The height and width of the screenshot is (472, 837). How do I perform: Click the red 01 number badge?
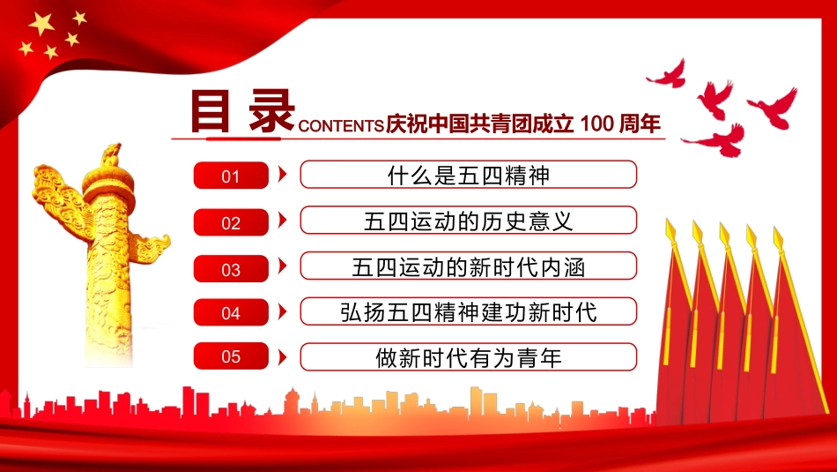tap(231, 176)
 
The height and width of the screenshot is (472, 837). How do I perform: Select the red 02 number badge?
tap(231, 221)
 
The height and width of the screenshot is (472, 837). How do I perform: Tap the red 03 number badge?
tap(231, 268)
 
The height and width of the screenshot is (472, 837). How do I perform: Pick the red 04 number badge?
tap(231, 312)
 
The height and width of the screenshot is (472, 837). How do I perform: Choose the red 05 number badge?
tap(231, 356)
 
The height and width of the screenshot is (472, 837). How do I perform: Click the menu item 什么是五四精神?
tap(468, 175)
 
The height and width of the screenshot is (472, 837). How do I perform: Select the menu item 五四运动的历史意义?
tap(468, 221)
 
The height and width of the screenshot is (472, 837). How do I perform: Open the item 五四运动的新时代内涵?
tap(468, 266)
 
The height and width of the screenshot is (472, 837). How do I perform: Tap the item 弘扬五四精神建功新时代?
tap(468, 311)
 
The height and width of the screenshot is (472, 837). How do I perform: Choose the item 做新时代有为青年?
tap(468, 357)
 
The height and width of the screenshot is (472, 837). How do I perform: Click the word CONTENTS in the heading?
tap(341, 125)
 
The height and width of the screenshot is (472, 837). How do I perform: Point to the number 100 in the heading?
tap(596, 124)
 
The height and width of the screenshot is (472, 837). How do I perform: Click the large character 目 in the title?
tap(210, 111)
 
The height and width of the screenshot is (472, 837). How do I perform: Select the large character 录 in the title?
tap(271, 111)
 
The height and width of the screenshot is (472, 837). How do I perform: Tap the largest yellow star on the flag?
tap(41, 24)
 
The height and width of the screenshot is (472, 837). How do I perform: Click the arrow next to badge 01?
tap(283, 174)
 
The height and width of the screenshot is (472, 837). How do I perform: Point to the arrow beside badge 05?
tap(283, 357)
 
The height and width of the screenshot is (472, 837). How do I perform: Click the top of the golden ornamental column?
tap(111, 154)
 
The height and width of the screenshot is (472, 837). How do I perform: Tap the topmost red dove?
tap(667, 75)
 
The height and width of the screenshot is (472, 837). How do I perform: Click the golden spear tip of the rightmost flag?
tap(778, 238)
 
